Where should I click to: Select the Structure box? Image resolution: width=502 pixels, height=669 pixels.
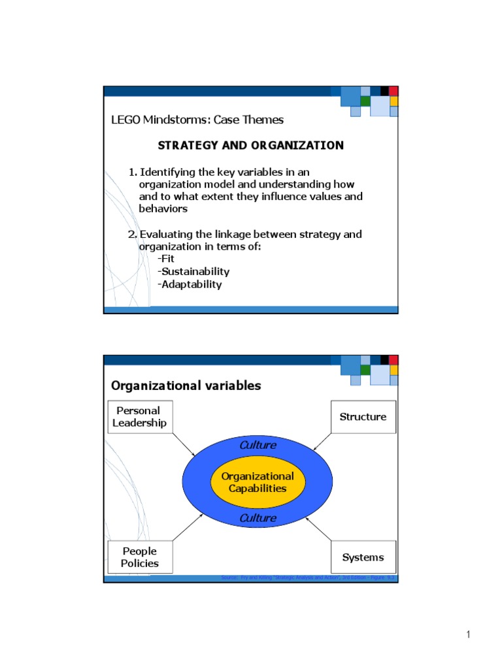(x=363, y=417)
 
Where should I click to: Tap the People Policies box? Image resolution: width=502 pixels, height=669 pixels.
(x=140, y=557)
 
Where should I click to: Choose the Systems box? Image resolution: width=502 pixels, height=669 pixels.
(x=363, y=557)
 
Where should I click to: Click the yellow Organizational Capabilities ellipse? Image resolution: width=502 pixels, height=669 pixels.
(x=258, y=482)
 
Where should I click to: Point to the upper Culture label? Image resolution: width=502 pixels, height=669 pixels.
(x=258, y=445)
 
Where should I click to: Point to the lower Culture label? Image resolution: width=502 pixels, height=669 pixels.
(x=258, y=518)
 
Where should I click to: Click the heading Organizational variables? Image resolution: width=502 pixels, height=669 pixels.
(x=186, y=385)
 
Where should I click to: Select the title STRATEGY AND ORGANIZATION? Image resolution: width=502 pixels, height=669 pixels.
(x=250, y=145)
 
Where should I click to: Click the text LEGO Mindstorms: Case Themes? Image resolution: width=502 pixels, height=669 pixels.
(x=197, y=120)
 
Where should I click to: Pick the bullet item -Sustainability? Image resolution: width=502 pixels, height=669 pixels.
(x=193, y=271)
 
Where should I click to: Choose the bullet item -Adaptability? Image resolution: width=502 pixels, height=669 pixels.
(x=190, y=284)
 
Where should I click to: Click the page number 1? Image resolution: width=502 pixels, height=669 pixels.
(x=469, y=635)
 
